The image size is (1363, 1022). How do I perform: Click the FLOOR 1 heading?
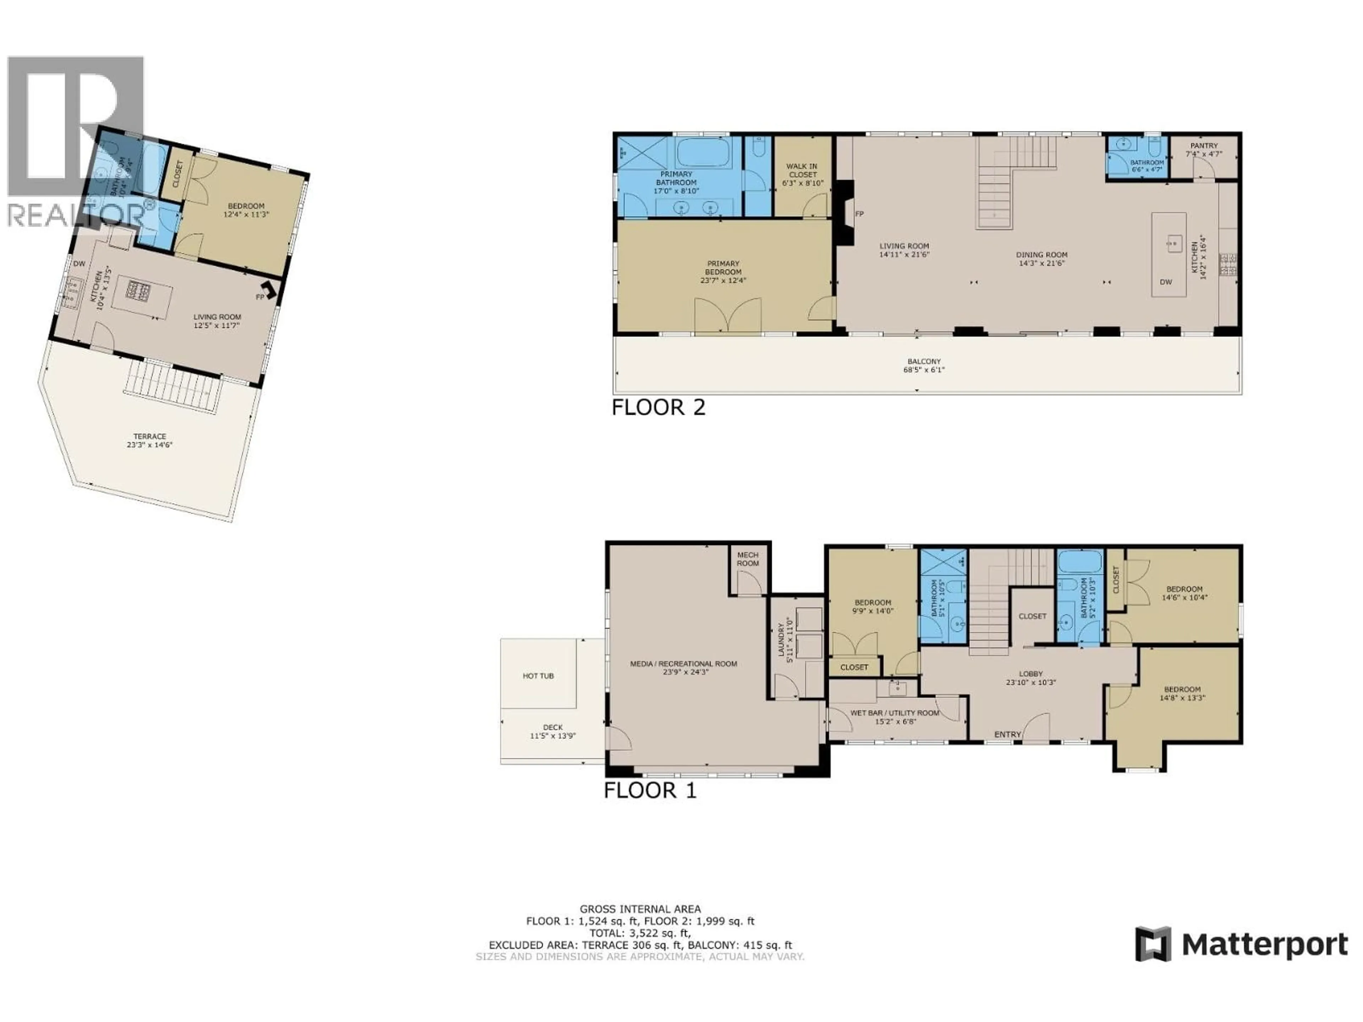[650, 790]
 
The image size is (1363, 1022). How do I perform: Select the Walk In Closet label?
[802, 171]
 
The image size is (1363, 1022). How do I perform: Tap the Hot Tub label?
[538, 676]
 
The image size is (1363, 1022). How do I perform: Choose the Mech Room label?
[748, 559]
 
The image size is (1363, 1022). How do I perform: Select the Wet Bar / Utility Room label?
[895, 713]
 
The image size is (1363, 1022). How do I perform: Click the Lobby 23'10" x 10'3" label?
[1031, 678]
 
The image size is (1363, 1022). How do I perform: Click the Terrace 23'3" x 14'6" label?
[150, 440]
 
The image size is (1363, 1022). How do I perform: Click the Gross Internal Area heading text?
[640, 909]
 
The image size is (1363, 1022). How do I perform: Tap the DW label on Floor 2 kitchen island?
[1166, 282]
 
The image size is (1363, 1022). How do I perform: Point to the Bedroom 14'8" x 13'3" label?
[1182, 694]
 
